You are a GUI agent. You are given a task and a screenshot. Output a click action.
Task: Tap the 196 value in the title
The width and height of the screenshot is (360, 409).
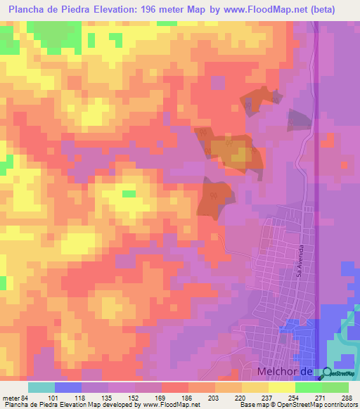coord(164,10)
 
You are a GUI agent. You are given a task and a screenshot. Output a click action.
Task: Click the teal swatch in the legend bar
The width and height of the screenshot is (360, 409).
coord(41,387)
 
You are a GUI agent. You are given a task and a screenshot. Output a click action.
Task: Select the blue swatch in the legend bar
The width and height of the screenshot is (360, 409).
coord(67,387)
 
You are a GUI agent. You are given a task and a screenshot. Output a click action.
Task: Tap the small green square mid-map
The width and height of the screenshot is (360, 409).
coord(129,193)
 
